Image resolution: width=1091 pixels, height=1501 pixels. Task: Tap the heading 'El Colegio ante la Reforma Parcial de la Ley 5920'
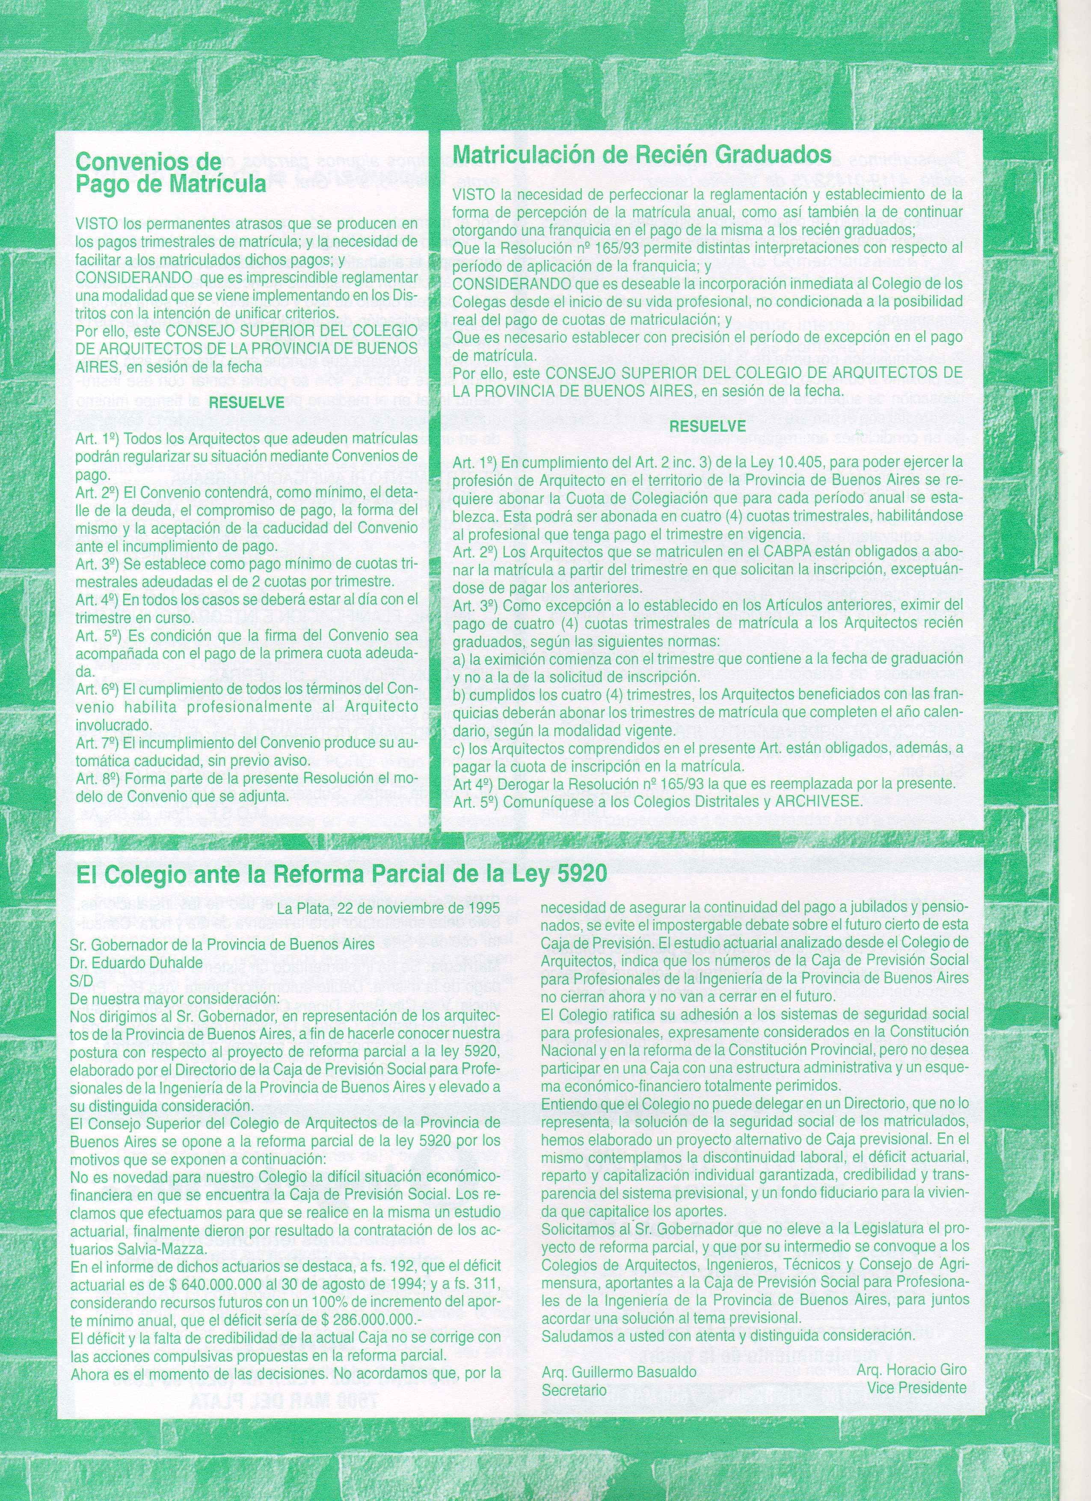point(341,874)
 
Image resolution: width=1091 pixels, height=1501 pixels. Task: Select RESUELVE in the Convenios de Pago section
point(246,402)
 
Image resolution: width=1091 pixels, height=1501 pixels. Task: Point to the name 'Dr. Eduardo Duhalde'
point(127,964)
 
